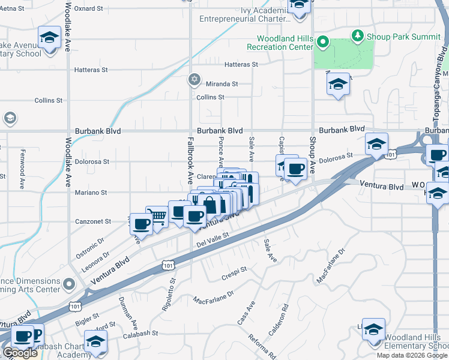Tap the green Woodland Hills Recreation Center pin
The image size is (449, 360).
(322, 42)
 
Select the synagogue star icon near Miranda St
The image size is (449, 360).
(194, 79)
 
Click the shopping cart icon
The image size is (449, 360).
(157, 216)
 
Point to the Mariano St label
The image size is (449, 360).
(91, 193)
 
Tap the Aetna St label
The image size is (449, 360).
(12, 8)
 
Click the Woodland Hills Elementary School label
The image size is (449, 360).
(416, 342)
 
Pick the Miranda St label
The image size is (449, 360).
(222, 84)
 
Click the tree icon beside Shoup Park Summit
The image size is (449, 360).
(358, 35)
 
